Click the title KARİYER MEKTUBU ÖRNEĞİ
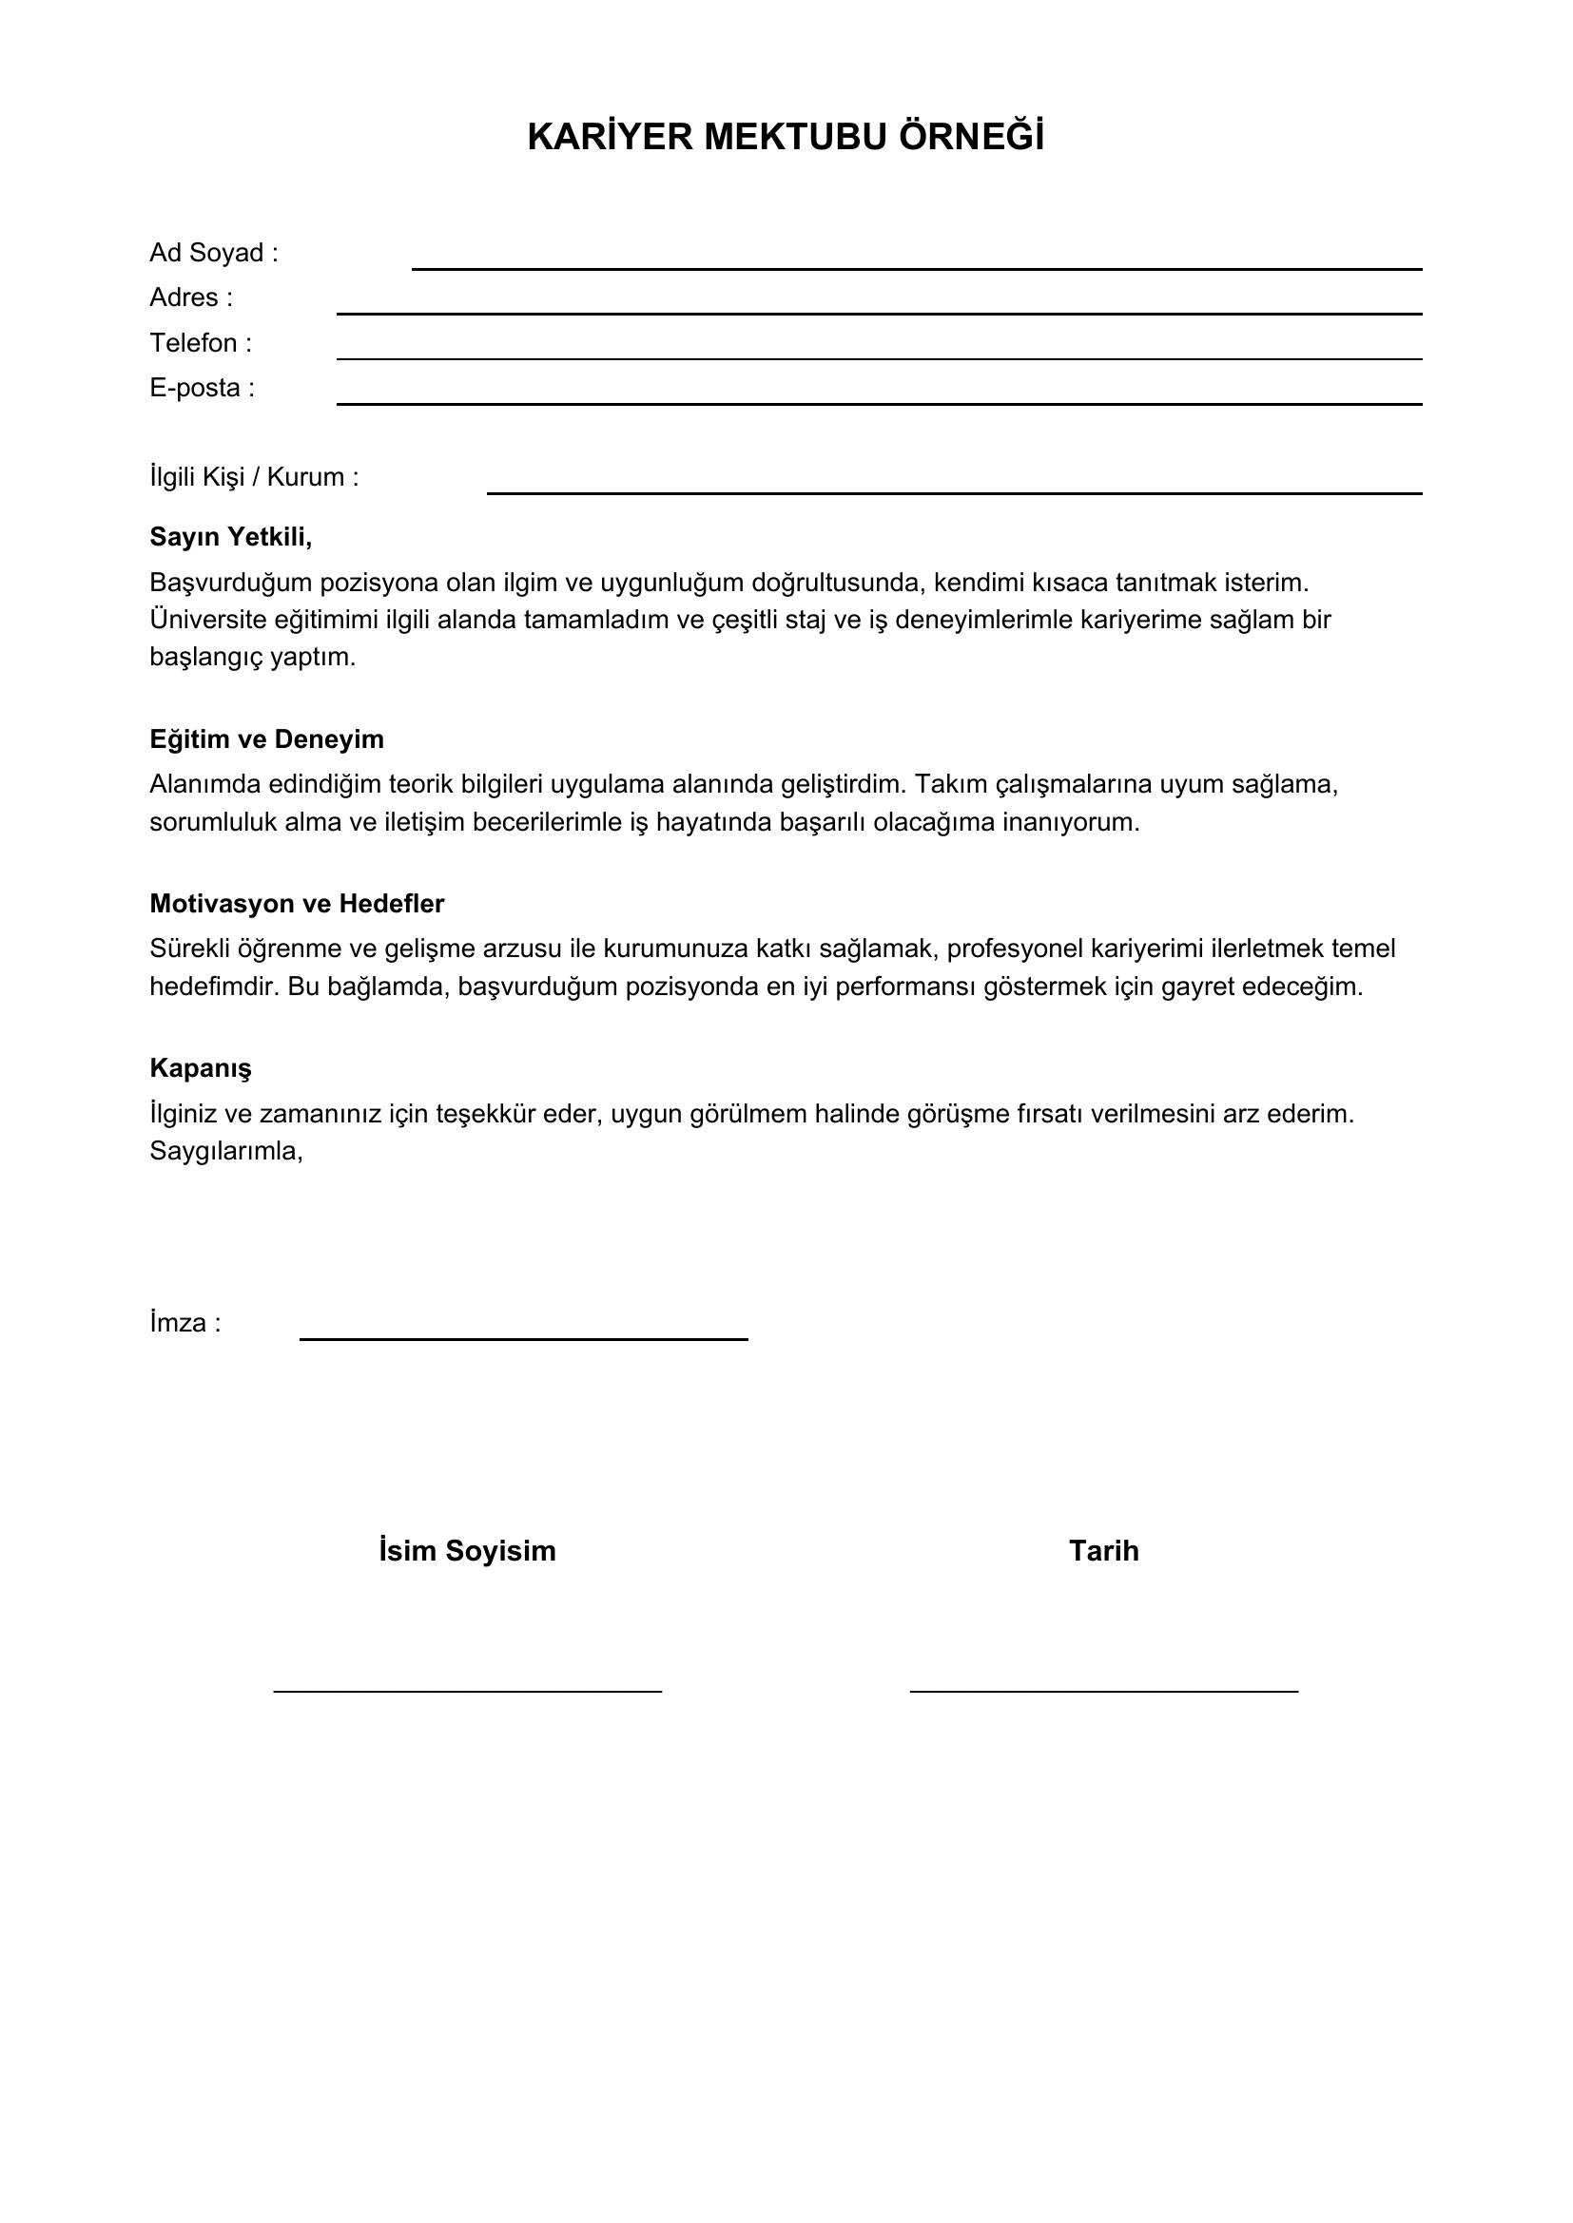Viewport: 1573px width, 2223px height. coord(786,137)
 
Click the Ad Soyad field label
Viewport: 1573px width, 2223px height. coord(213,253)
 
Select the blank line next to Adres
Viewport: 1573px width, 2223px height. coord(879,313)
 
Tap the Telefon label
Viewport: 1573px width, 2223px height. coord(200,343)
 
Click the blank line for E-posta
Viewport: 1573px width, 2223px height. coord(879,403)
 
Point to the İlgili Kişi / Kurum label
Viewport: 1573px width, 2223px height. coord(254,477)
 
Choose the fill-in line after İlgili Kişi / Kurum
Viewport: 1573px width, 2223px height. coord(954,493)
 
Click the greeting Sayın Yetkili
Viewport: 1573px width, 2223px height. coord(230,536)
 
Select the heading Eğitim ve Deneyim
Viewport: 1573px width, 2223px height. coord(266,738)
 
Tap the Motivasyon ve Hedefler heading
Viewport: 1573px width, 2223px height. coord(297,903)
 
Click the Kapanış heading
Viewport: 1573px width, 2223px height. coord(201,1068)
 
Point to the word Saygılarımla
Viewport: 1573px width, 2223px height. coord(225,1151)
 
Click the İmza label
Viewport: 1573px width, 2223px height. coord(185,1324)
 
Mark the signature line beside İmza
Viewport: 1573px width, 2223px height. coord(523,1339)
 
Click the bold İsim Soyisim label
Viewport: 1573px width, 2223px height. coord(467,1551)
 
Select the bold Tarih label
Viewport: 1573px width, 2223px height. coord(1103,1551)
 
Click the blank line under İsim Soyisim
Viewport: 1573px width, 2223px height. coord(467,1691)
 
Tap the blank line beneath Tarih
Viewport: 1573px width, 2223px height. coord(1103,1691)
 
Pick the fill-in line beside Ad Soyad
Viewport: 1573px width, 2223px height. coord(916,268)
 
